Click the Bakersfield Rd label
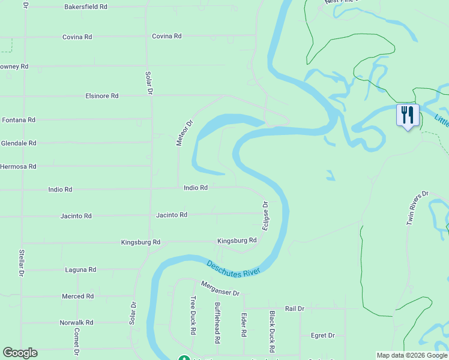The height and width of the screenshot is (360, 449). coord(86,7)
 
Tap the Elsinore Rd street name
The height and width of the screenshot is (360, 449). coord(102,96)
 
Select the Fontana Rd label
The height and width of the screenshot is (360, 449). coord(19,120)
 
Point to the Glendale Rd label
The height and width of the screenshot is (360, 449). coord(19,143)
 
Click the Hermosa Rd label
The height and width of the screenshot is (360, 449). coord(19,166)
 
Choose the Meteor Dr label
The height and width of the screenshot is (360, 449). coord(184,133)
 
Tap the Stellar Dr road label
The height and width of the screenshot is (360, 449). coord(22,263)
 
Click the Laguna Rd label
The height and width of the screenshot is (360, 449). coord(80,270)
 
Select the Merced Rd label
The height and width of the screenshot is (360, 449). coord(78,296)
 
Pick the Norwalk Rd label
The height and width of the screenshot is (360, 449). coord(77,323)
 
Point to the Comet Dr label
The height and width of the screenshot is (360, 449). coord(77,340)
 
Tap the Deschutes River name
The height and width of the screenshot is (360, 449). coord(233,268)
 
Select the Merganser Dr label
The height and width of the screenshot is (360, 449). coord(220,289)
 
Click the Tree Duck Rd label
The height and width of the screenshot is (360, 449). coord(193,315)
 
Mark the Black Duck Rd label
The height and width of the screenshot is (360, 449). coord(272,331)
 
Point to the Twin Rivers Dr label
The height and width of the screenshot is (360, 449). coord(418,208)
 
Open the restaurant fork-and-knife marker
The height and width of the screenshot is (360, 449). coord(408,115)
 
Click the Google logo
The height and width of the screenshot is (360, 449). coord(20,353)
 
